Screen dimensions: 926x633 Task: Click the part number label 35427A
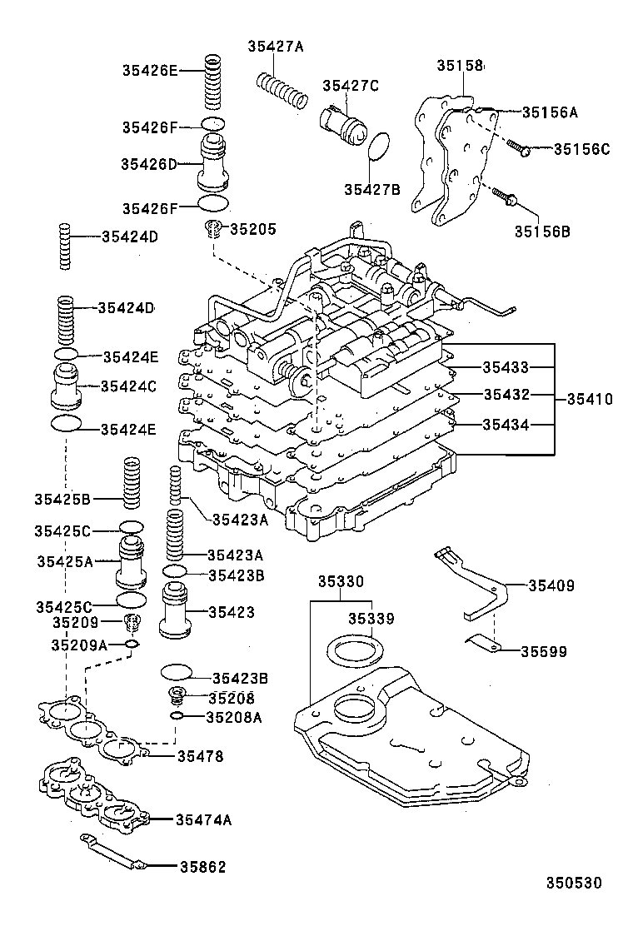[275, 47]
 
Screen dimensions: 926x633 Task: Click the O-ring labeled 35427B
[379, 147]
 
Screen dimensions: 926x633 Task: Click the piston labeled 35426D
[214, 164]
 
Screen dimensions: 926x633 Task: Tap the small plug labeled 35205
[214, 228]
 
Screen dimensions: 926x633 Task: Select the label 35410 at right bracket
[590, 399]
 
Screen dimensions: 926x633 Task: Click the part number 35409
[551, 585]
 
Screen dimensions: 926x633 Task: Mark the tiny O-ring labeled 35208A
[176, 716]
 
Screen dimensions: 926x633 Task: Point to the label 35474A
[203, 819]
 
